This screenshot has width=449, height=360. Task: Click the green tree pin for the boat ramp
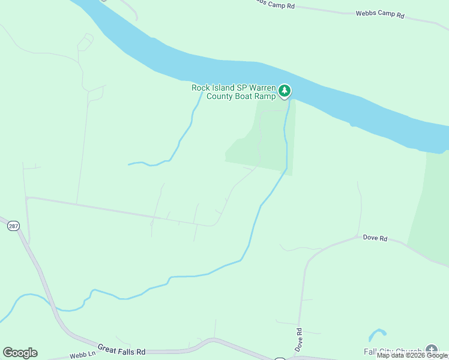[285, 91]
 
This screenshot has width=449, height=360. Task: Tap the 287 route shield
[13, 226]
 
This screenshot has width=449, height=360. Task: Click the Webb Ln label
[82, 354]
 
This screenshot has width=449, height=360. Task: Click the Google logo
[20, 353]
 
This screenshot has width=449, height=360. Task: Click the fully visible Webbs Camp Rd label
[380, 13]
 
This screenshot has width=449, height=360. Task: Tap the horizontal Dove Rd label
[375, 238]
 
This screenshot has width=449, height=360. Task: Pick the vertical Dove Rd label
[298, 339]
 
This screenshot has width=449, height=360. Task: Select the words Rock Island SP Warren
[233, 88]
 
